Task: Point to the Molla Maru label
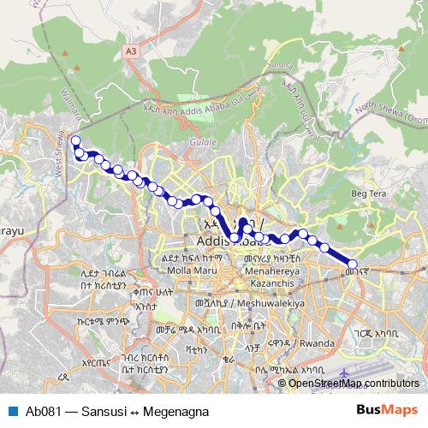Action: click(195, 270)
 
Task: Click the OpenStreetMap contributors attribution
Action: click(354, 383)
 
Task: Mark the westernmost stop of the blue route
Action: click(75, 141)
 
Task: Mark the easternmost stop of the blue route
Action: click(352, 265)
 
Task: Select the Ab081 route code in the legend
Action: click(43, 411)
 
